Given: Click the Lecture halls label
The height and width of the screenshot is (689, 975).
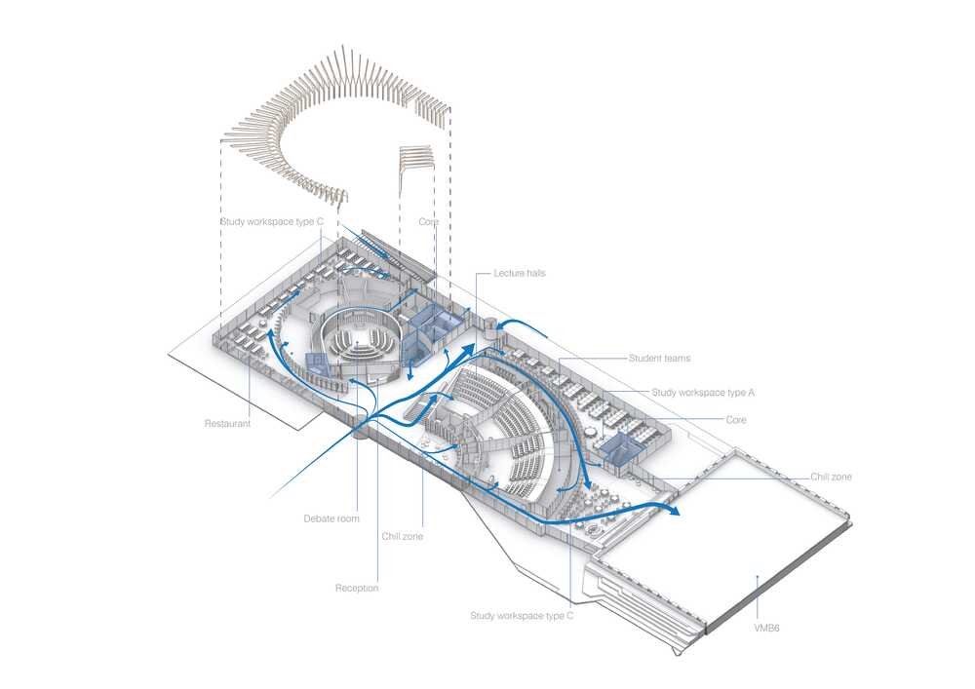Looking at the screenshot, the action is point(520,273).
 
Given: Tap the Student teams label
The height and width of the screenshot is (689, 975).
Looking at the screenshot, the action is point(659,358).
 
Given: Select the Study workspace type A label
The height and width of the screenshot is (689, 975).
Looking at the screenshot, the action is point(703,392).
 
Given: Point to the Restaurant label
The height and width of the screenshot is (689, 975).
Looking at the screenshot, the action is point(227,423).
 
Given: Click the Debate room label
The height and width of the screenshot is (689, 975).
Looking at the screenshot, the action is point(331,518).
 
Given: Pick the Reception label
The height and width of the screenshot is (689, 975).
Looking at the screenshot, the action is point(357,588).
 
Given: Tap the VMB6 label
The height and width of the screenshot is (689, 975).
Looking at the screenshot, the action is point(766,629).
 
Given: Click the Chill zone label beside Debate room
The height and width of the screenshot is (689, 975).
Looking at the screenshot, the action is point(403,536).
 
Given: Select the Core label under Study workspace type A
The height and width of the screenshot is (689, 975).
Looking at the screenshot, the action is point(736,419).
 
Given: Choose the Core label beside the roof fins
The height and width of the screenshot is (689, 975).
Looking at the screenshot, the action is point(428,221).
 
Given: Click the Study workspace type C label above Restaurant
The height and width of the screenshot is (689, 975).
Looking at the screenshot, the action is point(272,221).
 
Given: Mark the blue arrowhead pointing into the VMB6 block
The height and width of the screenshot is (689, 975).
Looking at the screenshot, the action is point(674,511).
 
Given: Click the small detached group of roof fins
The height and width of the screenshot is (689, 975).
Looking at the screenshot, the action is point(415,159).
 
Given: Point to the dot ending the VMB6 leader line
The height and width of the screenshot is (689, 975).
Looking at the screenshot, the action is point(757,577).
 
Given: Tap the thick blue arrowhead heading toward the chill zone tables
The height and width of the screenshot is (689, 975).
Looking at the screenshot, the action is point(585,480).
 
